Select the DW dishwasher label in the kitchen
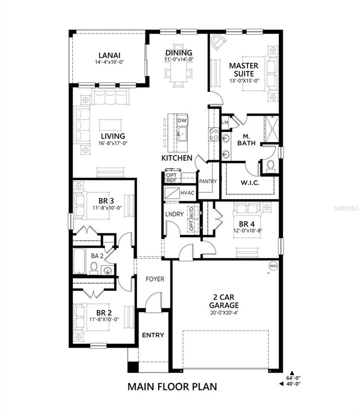(x=182, y=121)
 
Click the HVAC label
(x=188, y=192)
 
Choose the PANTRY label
(x=207, y=181)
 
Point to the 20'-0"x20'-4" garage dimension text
(x=224, y=313)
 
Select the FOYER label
(x=155, y=279)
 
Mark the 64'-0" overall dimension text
(x=294, y=378)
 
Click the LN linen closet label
(x=225, y=122)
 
